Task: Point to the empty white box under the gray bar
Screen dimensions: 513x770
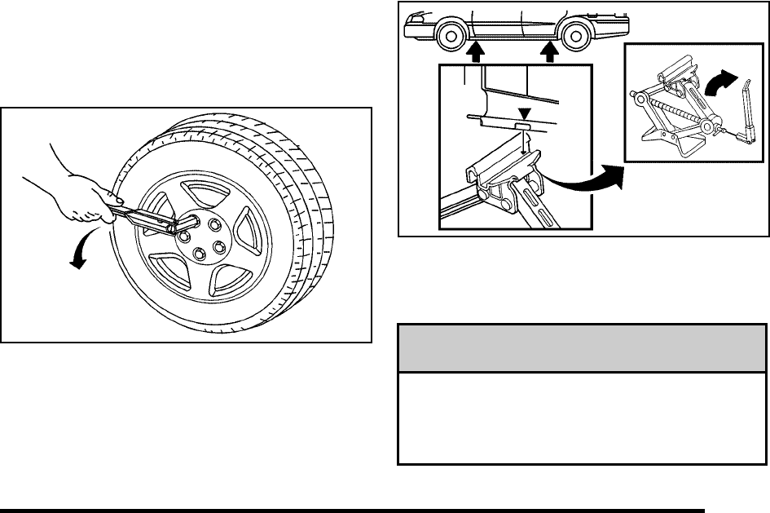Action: [582, 418]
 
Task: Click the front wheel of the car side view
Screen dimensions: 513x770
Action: [448, 37]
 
